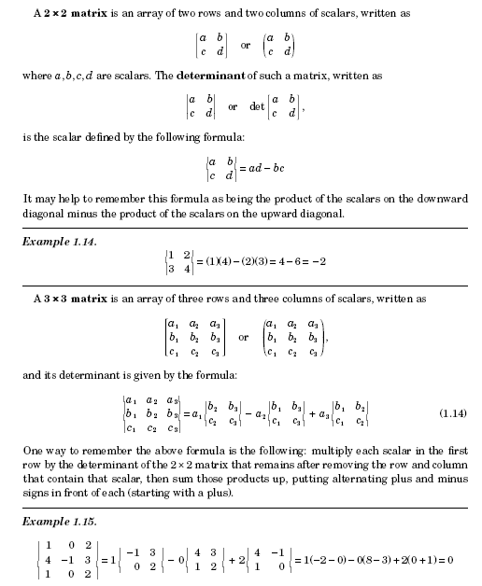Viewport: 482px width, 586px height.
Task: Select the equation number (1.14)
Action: pos(453,412)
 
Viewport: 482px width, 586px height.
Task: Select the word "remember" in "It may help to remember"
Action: pos(102,197)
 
